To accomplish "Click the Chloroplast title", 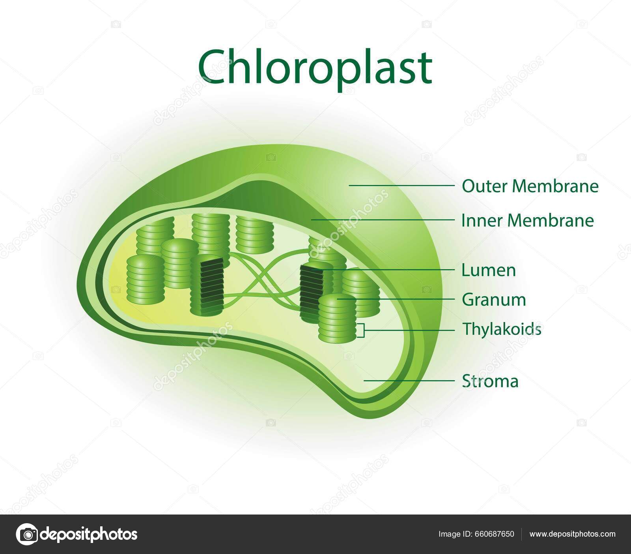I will coord(315,68).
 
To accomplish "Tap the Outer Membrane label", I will coord(530,186).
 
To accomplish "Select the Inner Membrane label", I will coord(527,221).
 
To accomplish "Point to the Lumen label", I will coord(488,270).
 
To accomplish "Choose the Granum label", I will coord(494,300).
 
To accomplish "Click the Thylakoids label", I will coord(501,329).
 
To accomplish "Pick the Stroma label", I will coord(490,382).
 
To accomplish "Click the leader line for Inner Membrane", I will coord(383,220).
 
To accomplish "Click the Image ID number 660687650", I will coord(495,534).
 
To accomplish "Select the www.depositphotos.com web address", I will coord(572,534).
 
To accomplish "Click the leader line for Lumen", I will coord(390,270).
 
